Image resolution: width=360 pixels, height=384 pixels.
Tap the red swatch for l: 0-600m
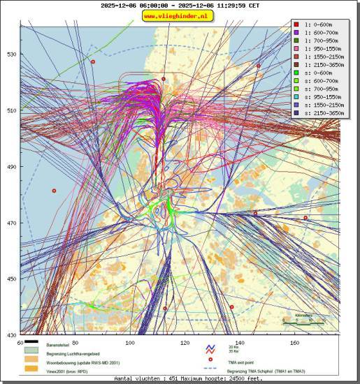click(296, 24)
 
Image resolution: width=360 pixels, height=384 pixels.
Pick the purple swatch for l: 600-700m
click(296, 33)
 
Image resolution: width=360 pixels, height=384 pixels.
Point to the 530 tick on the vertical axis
click(11, 54)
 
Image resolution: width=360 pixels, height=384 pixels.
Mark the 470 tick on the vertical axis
click(11, 223)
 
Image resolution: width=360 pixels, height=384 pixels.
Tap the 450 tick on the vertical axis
click(11, 279)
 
